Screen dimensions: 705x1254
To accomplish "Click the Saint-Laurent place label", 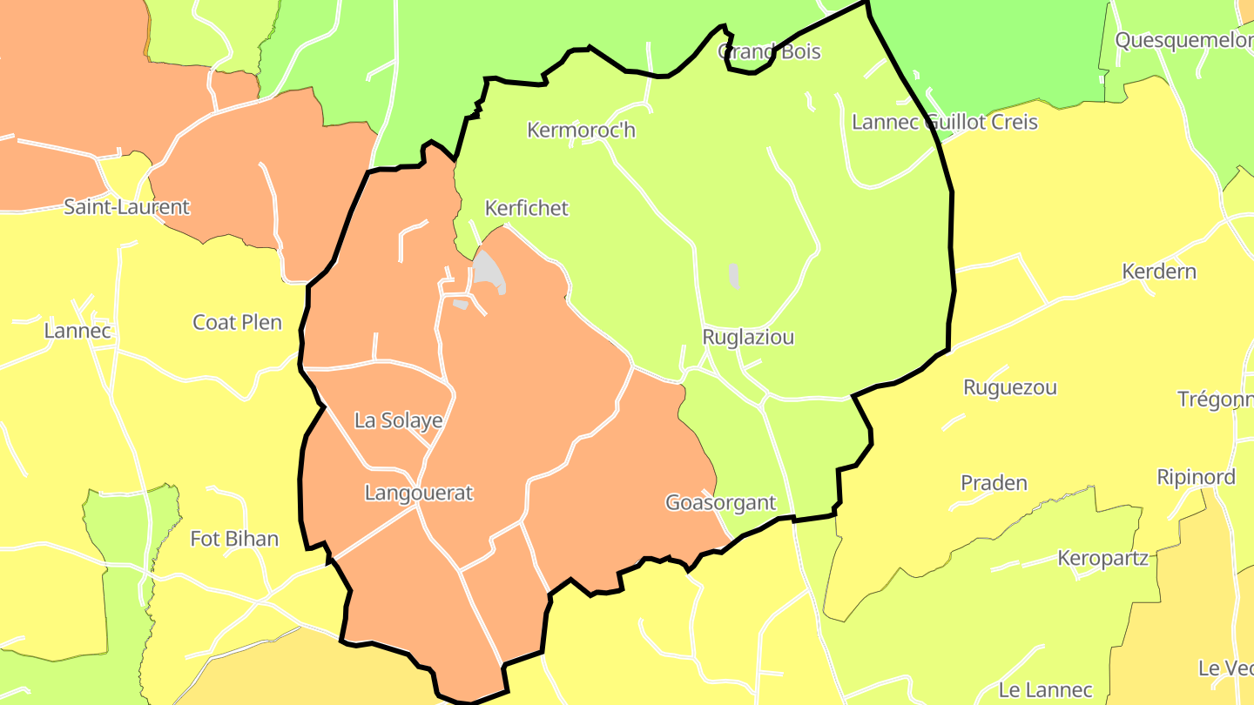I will tap(126, 207).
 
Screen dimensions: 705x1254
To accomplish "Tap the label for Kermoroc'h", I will tap(582, 131).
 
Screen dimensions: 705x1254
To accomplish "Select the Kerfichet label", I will tap(526, 208).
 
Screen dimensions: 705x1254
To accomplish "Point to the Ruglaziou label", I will tap(748, 338).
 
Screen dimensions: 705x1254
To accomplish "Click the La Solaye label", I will tap(398, 421).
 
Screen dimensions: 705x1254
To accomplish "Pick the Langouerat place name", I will tap(418, 493).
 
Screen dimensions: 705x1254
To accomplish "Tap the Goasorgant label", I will tap(720, 503).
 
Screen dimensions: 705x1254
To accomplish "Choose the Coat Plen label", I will tap(237, 323).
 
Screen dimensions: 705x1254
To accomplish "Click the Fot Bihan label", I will tap(234, 539).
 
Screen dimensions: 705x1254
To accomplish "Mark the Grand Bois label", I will tap(769, 52).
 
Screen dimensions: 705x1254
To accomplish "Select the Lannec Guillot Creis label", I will tap(945, 122).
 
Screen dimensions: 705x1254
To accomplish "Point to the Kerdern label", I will tap(1159, 272).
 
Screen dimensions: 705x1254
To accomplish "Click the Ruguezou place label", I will tap(1010, 388).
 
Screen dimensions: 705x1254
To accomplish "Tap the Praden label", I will tap(994, 483).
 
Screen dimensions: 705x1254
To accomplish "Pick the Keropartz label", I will tap(1102, 559).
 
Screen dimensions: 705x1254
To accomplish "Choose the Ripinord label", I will tap(1196, 477).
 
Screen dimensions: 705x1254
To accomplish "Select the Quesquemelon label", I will tap(1183, 40).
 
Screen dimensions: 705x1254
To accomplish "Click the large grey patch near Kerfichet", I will tap(489, 272).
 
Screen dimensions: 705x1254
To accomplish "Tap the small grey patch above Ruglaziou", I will tap(734, 277).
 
